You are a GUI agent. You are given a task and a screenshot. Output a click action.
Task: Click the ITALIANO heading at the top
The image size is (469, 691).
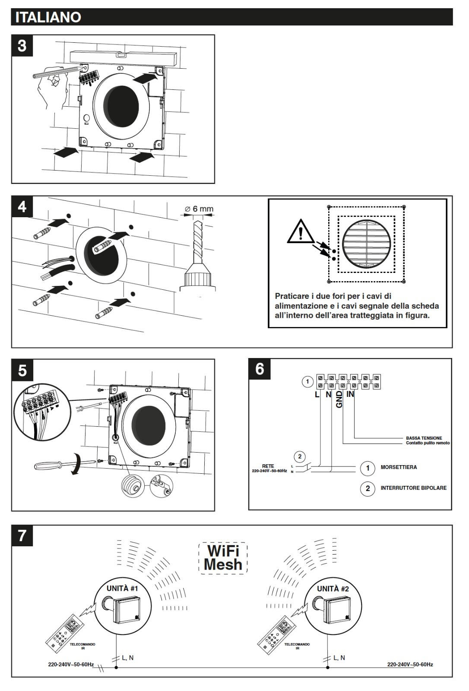[x=48, y=17]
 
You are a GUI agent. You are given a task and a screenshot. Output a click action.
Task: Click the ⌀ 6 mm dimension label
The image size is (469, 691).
[x=199, y=209]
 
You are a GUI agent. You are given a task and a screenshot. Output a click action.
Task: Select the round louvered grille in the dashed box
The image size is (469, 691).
[x=366, y=244]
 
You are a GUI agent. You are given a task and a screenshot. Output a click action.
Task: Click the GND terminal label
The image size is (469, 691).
[x=339, y=399]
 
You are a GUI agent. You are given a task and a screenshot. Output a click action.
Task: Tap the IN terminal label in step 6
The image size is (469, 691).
[x=350, y=394]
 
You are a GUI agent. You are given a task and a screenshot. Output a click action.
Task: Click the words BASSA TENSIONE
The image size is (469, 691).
[x=424, y=438]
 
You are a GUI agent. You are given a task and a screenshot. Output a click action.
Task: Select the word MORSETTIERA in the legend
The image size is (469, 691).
[x=399, y=467]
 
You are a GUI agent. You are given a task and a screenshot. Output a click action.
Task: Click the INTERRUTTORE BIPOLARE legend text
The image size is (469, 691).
[x=413, y=488]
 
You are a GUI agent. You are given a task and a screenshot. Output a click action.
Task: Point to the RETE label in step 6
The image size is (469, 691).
[x=268, y=466]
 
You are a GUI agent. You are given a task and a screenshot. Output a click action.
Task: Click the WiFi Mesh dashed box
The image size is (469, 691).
[x=223, y=558]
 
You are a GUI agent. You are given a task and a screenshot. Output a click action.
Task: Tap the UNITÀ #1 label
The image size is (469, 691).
[x=122, y=588]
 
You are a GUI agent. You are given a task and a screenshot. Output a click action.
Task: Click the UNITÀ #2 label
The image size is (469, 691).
[x=333, y=588]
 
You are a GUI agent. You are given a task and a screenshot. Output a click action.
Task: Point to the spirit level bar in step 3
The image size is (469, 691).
[x=123, y=56]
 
